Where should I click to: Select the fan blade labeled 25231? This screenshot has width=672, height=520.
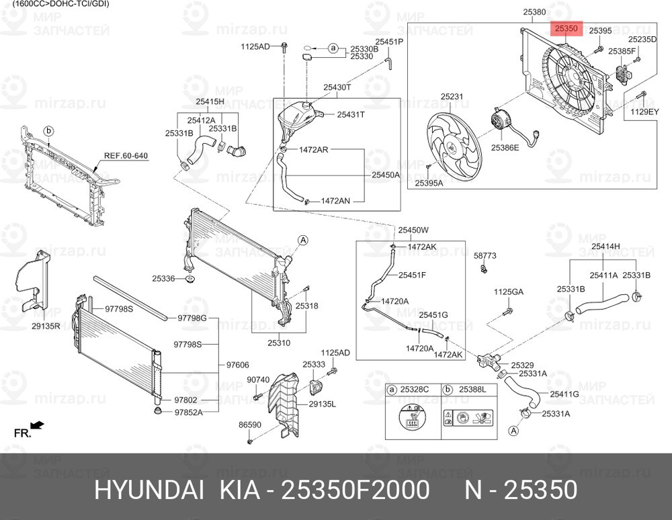[455, 145]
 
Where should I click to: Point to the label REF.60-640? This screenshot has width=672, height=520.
[126, 156]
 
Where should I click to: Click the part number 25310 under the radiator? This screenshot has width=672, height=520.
[278, 343]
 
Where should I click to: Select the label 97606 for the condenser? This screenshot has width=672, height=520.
[237, 365]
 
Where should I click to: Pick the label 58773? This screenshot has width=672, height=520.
[485, 256]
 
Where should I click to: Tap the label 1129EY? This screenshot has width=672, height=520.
[644, 113]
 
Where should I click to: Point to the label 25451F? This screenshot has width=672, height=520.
[412, 274]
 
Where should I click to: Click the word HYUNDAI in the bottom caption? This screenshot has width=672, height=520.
[149, 491]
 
